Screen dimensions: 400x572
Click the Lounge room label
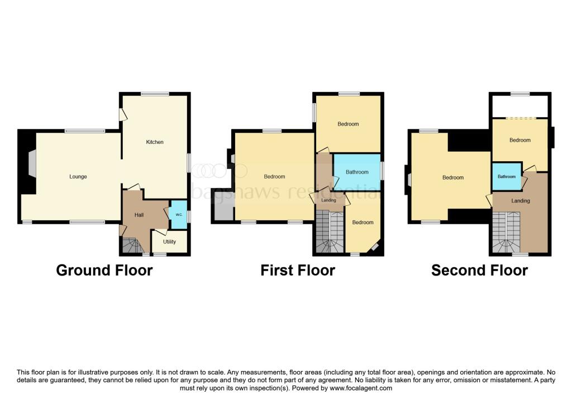tap(78, 177)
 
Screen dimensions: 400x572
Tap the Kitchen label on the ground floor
tap(155, 142)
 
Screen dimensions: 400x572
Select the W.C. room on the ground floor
tap(178, 214)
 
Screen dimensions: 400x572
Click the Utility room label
tap(169, 242)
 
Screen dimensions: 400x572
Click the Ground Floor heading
tap(104, 271)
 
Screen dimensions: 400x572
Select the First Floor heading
tap(298, 271)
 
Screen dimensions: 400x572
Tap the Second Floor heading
tap(479, 271)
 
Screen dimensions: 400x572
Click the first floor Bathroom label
tap(357, 172)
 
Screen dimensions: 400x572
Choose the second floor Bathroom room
tap(507, 177)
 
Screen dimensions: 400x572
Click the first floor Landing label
tap(329, 200)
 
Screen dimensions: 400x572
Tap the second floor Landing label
tap(521, 200)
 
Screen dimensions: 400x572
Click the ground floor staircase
tap(132, 245)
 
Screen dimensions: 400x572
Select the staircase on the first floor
tap(330, 232)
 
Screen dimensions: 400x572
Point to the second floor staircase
tap(507, 233)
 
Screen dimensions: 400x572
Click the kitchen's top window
tap(155, 94)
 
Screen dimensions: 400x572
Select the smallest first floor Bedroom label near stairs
tap(363, 223)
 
